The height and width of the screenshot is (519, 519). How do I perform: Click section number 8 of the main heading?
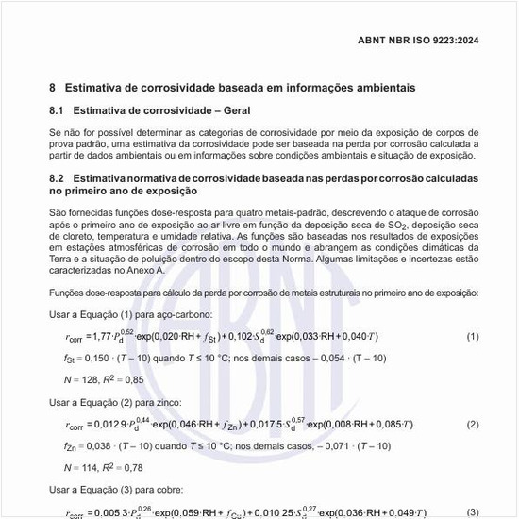pos(53,88)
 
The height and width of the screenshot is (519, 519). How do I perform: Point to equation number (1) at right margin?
pos(473,337)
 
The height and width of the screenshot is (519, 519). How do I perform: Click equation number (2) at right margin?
pos(473,425)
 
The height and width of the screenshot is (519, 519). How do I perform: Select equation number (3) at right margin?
pos(473,512)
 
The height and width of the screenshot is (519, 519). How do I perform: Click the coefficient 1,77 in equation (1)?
pos(99,337)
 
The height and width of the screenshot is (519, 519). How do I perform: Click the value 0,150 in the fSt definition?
pos(97,359)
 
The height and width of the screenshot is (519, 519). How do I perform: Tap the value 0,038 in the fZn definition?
pos(98,446)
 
